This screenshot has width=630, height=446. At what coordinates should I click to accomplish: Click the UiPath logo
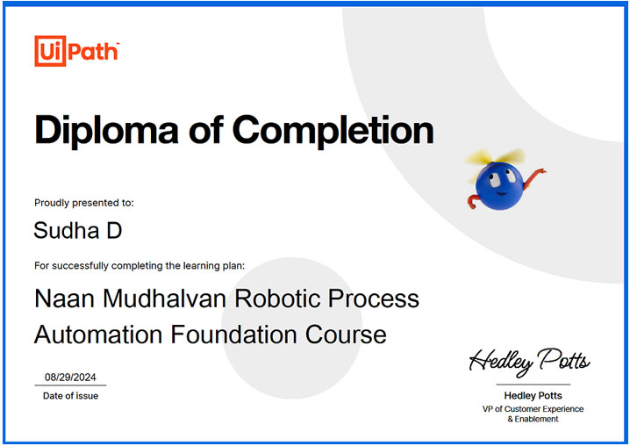pyautogui.click(x=76, y=51)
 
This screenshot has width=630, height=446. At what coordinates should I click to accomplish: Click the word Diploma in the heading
pyautogui.click(x=106, y=130)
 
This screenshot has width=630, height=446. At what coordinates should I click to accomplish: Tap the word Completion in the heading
pyautogui.click(x=333, y=130)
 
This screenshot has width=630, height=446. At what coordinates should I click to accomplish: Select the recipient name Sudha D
pyautogui.click(x=77, y=230)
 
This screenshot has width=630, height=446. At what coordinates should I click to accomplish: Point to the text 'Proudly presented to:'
pyautogui.click(x=84, y=203)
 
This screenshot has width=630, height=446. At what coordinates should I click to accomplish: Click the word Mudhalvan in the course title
pyautogui.click(x=165, y=299)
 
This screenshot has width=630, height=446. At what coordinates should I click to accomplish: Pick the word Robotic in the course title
pyautogui.click(x=277, y=299)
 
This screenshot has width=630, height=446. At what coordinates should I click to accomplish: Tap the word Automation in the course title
pyautogui.click(x=98, y=334)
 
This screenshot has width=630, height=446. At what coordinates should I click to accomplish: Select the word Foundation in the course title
pyautogui.click(x=234, y=334)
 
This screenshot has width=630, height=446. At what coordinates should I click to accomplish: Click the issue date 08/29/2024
pyautogui.click(x=70, y=378)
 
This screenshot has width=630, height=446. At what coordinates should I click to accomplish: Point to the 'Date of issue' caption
pyautogui.click(x=70, y=396)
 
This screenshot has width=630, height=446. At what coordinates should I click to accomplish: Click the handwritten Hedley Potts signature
pyautogui.click(x=530, y=362)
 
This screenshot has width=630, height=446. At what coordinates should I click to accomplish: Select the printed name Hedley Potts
pyautogui.click(x=533, y=396)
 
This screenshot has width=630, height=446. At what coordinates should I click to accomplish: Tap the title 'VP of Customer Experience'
pyautogui.click(x=533, y=409)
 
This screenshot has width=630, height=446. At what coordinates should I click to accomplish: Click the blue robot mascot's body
pyautogui.click(x=499, y=186)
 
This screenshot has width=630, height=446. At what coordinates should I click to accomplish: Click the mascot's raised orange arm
pyautogui.click(x=534, y=177)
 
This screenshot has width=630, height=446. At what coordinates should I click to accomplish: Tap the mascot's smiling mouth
pyautogui.click(x=501, y=193)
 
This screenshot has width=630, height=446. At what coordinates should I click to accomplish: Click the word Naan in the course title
pyautogui.click(x=65, y=299)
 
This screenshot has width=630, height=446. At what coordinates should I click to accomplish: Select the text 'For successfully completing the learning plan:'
pyautogui.click(x=140, y=266)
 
